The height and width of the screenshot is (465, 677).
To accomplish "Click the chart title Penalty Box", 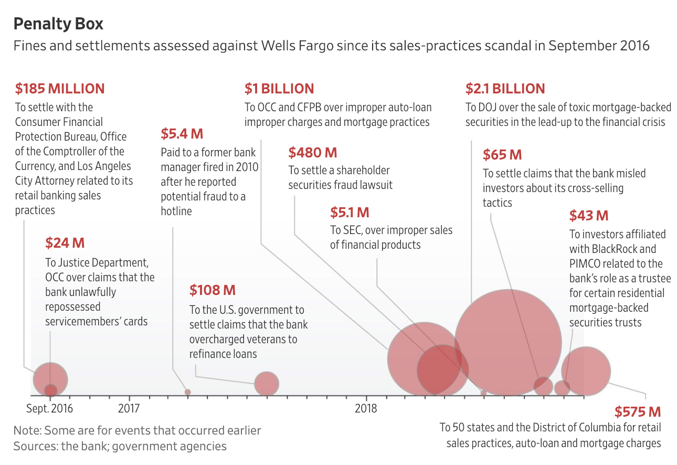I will (x=58, y=24).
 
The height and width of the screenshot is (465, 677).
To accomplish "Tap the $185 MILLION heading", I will (x=60, y=88).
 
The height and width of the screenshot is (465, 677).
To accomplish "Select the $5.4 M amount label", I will (x=182, y=133).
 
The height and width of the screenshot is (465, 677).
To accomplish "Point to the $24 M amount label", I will (x=65, y=243).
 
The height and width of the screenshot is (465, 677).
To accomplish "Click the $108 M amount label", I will (x=213, y=290).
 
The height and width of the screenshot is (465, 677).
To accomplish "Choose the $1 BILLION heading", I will (x=279, y=88).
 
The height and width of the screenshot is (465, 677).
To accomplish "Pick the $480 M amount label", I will (x=313, y=153).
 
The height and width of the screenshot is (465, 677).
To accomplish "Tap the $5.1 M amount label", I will (x=350, y=213).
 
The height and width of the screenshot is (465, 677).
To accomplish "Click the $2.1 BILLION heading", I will (x=505, y=88).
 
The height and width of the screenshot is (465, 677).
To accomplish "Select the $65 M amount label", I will (x=502, y=155).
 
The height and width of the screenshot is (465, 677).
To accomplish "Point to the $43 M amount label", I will (x=589, y=215).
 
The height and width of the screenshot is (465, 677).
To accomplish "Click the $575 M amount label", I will (x=638, y=411).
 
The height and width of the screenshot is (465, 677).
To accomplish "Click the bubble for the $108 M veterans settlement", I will (x=267, y=384).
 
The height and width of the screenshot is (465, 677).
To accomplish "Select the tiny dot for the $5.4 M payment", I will (x=188, y=392).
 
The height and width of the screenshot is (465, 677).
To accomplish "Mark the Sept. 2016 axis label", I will (x=50, y=408).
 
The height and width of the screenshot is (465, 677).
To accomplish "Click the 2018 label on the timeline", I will (x=366, y=408).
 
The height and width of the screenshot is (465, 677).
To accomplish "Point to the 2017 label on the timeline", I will (x=129, y=408).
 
